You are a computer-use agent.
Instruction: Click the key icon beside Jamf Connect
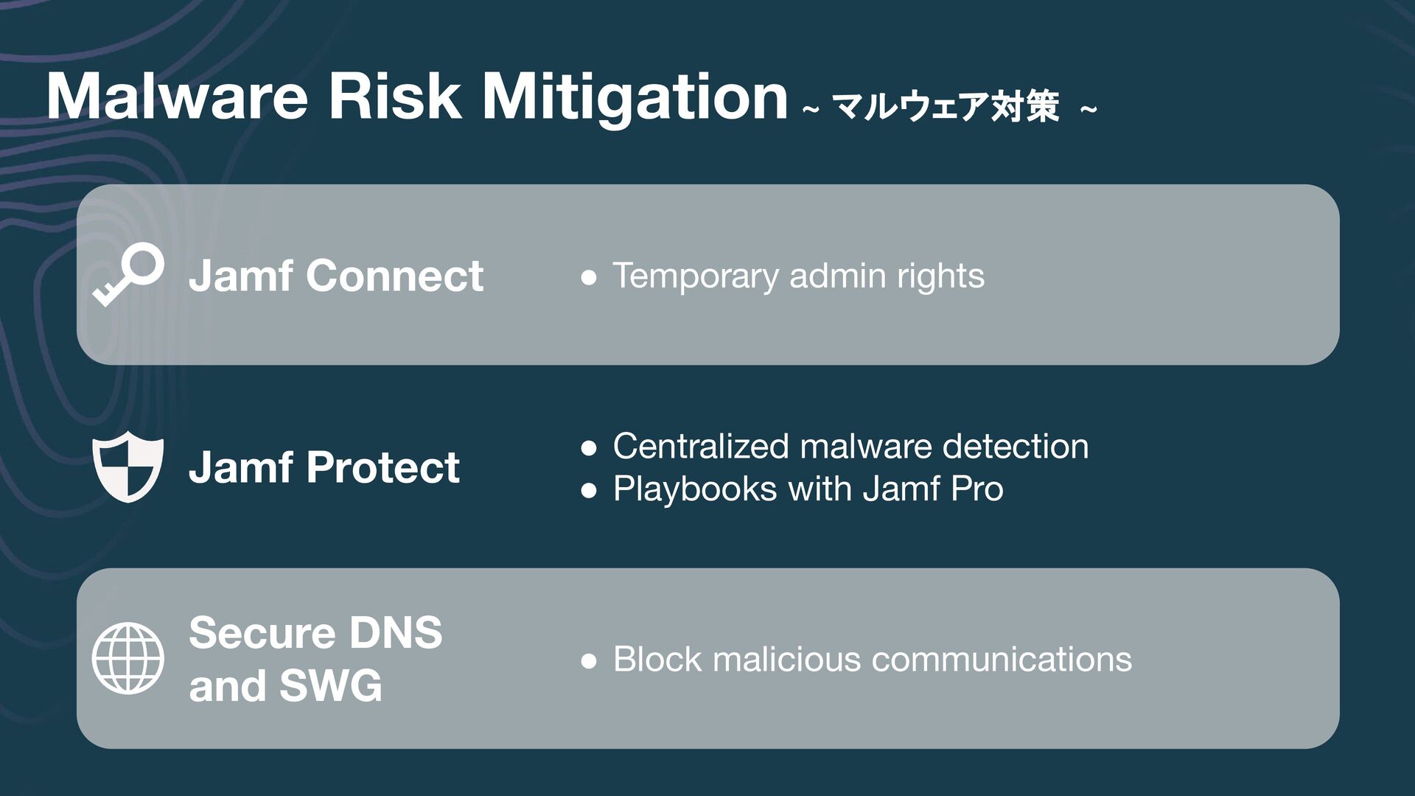[128, 273]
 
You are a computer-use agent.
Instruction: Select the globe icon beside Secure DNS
[128, 658]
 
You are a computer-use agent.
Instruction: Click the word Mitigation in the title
[635, 99]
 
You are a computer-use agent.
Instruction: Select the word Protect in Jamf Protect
[382, 467]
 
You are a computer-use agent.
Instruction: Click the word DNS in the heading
[395, 632]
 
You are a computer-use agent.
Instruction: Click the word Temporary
[695, 277]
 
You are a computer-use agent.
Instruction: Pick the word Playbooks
[694, 489]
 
